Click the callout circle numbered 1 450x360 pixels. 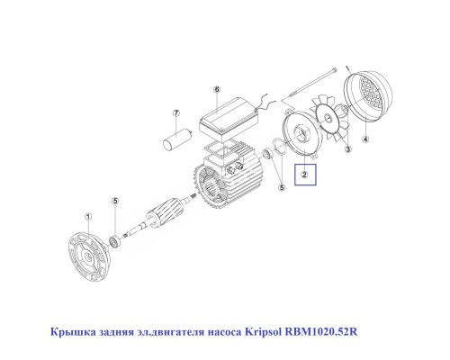[x=87, y=216]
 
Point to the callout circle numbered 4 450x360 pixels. [x=365, y=139]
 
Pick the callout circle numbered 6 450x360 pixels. [x=217, y=90]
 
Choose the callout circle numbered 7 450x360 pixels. [x=176, y=113]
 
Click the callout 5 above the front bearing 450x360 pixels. [x=114, y=204]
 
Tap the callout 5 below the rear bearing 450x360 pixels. [x=281, y=187]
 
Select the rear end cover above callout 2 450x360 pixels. [x=301, y=135]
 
